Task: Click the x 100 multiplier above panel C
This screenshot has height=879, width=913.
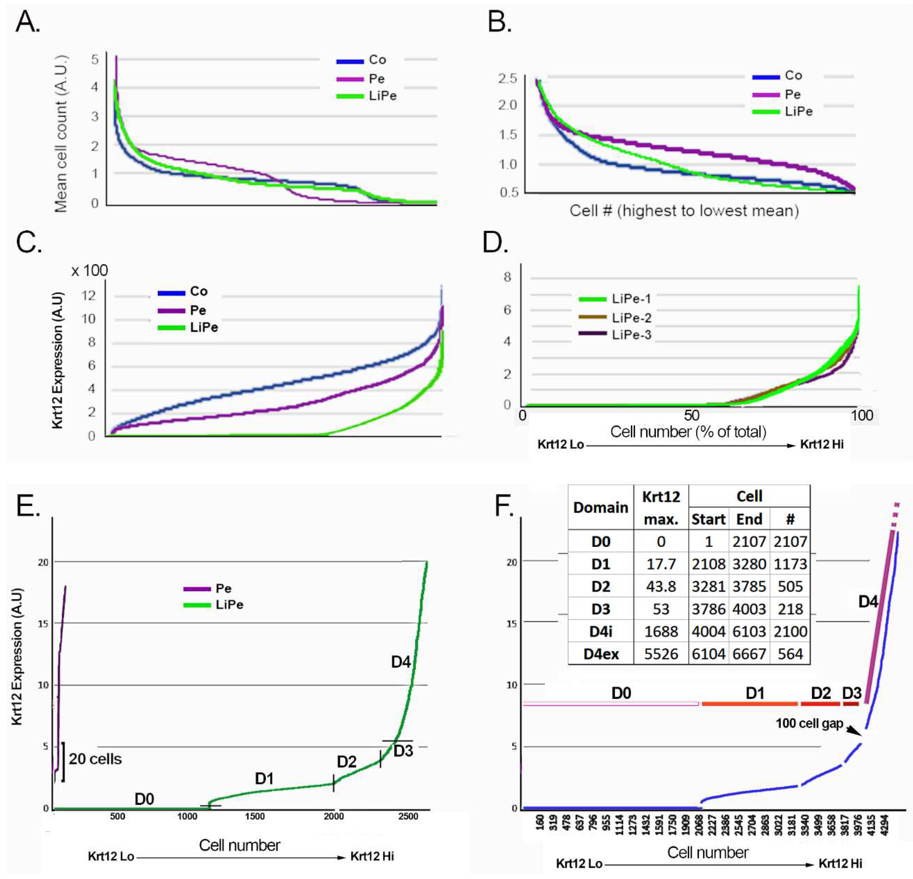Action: click(89, 270)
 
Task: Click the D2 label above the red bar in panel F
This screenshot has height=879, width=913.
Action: click(821, 693)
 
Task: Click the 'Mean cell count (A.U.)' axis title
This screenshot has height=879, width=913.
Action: click(61, 134)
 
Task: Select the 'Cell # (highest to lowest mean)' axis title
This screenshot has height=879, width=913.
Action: click(684, 211)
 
